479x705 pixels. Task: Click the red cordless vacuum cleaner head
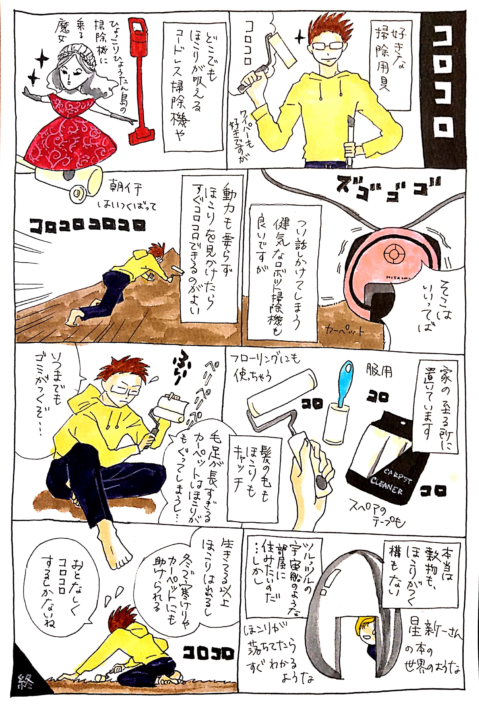point(141,134)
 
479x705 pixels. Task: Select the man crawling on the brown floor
point(121,279)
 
